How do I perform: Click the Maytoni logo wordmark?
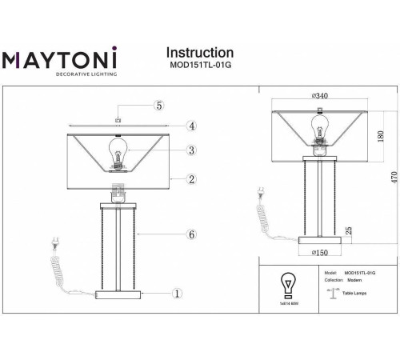point(60,59)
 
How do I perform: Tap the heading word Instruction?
point(199,54)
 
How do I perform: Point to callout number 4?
point(192,126)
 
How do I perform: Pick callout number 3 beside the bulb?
point(192,150)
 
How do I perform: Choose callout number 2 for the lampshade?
point(192,179)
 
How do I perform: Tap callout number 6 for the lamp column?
point(192,234)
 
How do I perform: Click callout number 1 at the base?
point(178,294)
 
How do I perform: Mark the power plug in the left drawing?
point(55,242)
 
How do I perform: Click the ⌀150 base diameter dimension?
point(320,253)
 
